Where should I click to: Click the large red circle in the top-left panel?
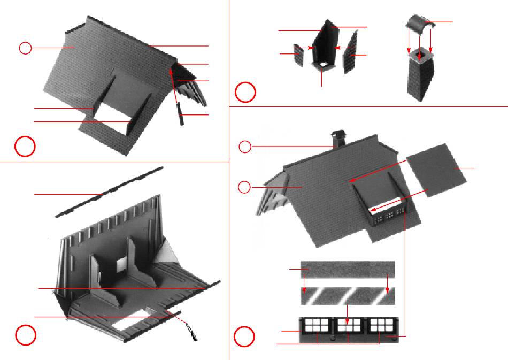pos(25,146)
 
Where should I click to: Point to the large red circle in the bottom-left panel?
pos(25,335)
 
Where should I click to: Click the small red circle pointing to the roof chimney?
pos(244,147)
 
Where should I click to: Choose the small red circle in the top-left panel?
pos(25,48)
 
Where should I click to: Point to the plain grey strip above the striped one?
pos(348,269)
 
